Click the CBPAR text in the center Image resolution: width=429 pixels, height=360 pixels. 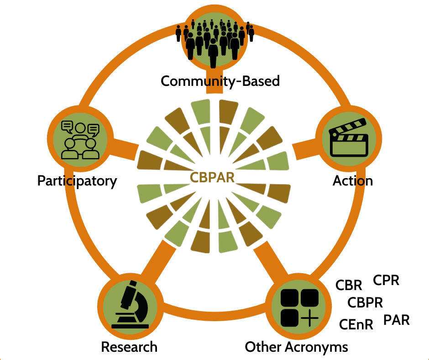[x=212, y=177]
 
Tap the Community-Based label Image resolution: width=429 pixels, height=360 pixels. [x=220, y=81]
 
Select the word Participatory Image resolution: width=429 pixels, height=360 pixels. [x=77, y=181]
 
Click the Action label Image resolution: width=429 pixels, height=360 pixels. [x=352, y=181]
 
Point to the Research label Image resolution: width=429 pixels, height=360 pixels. [x=129, y=347]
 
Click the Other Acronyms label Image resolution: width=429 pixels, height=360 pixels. [x=296, y=347]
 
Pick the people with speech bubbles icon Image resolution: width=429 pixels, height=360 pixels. [x=81, y=139]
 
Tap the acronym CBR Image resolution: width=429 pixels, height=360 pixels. [x=349, y=286]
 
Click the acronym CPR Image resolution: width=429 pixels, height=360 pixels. [x=386, y=280]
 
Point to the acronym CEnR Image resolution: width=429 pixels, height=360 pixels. [x=356, y=324]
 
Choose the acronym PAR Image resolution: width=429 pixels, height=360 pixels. [x=396, y=320]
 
